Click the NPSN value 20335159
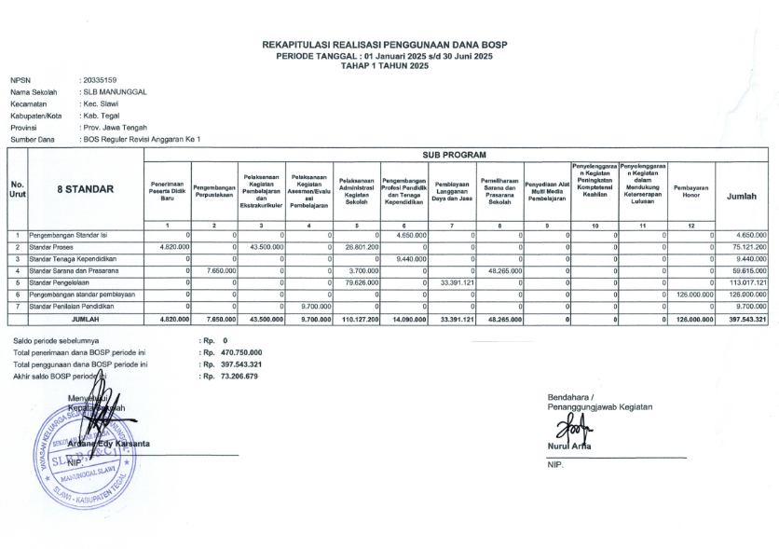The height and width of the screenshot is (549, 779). click(x=100, y=81)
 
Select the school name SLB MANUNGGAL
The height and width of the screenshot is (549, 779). click(x=115, y=92)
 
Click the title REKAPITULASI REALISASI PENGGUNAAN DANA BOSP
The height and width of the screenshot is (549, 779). click(x=385, y=45)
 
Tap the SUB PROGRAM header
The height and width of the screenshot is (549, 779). click(x=457, y=155)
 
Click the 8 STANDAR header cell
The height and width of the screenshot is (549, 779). click(x=86, y=189)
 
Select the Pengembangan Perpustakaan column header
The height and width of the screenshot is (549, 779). click(x=213, y=189)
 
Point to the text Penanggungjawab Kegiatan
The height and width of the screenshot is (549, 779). click(x=600, y=407)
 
